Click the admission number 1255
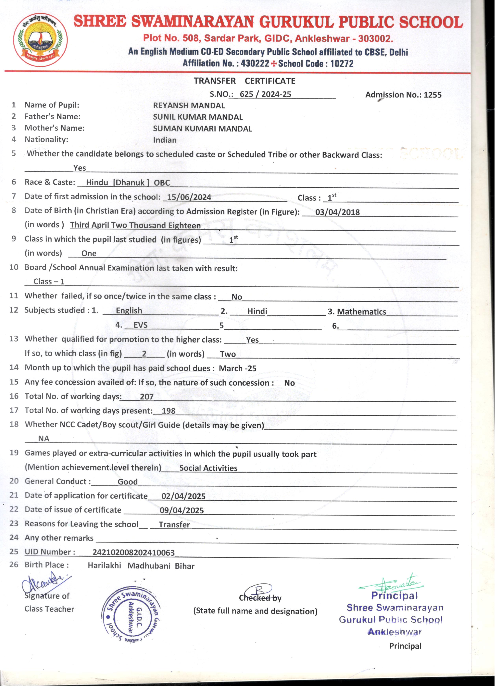(432, 95)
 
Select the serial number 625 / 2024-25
(265, 94)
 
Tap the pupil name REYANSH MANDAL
(189, 106)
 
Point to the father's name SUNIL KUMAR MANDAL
(198, 117)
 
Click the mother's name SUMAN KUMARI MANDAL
(202, 129)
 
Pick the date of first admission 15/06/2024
(189, 197)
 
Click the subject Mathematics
(361, 312)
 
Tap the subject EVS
(140, 325)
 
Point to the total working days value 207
(146, 397)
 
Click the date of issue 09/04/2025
(182, 511)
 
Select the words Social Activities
(208, 468)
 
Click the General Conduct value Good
(128, 482)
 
